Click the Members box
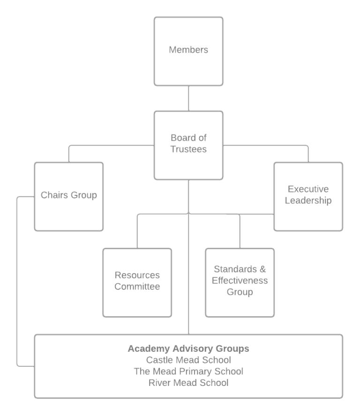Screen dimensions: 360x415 click(x=188, y=52)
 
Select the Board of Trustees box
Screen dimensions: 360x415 click(x=188, y=145)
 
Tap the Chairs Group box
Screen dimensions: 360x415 click(x=68, y=197)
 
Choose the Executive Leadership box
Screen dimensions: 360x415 click(x=308, y=197)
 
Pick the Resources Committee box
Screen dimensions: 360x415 click(x=137, y=282)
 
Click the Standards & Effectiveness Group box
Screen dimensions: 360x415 click(x=240, y=282)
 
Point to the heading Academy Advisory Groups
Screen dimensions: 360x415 click(x=188, y=348)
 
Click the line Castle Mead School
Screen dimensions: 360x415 click(x=188, y=360)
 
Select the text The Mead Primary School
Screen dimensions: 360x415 click(x=188, y=371)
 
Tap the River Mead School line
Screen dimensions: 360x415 click(x=188, y=383)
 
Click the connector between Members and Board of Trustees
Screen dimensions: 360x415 click(x=188, y=98)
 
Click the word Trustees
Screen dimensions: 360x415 click(x=188, y=149)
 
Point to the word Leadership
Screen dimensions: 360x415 click(x=308, y=200)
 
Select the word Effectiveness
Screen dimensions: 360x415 click(x=240, y=281)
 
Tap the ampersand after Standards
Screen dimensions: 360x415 click(x=262, y=269)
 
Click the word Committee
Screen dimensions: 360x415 click(x=137, y=286)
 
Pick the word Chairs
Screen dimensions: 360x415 click(x=54, y=195)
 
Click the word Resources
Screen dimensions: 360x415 click(x=137, y=275)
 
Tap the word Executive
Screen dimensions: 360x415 click(x=308, y=189)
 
